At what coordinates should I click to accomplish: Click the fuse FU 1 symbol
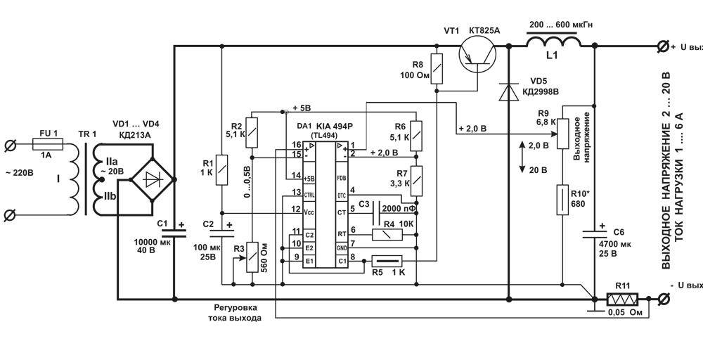50,146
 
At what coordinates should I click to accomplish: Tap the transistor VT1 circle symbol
477,56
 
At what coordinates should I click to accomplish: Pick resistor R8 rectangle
437,67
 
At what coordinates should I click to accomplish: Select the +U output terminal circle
662,46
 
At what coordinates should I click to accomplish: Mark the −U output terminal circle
662,300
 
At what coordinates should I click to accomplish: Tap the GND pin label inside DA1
342,247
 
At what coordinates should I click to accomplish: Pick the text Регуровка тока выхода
235,312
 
